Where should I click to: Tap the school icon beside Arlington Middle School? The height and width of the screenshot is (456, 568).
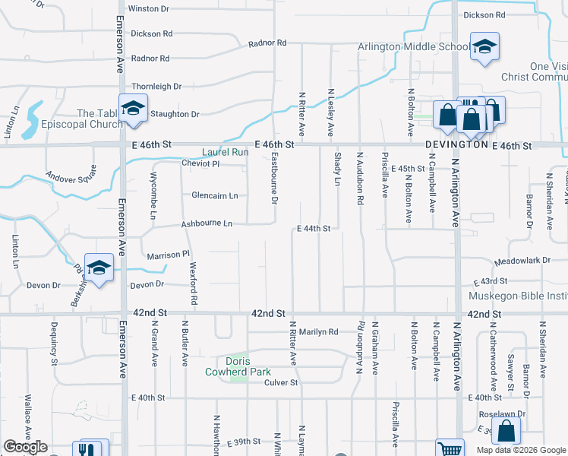pos(484,46)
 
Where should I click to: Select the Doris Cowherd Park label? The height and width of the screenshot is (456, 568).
pos(238,366)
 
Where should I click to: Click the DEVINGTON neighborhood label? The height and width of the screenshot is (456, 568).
pos(456,144)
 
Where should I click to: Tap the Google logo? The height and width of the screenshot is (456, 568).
pos(25,447)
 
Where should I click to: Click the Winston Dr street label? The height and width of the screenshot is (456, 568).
pos(148,8)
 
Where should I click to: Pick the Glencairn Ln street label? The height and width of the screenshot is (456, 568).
pos(215,195)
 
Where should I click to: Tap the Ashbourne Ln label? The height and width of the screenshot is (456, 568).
pos(206,224)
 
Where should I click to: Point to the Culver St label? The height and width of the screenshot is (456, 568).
pos(280,382)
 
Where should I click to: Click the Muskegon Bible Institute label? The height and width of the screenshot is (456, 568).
pos(518,296)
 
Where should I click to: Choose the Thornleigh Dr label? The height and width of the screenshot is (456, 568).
pos(156,87)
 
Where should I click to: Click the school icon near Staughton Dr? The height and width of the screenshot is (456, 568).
pos(132,108)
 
